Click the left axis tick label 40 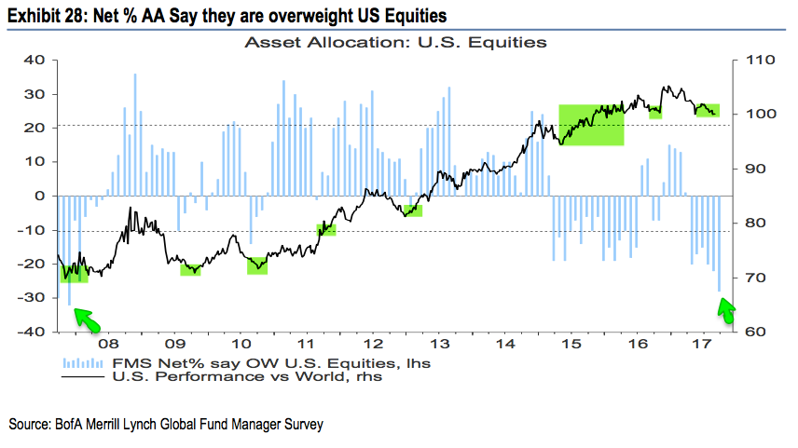pos(34,61)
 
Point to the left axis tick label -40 pos(31,332)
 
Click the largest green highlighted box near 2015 pos(591,125)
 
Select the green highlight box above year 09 pos(191,269)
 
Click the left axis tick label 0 pos(40,196)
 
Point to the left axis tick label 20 pos(34,128)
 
